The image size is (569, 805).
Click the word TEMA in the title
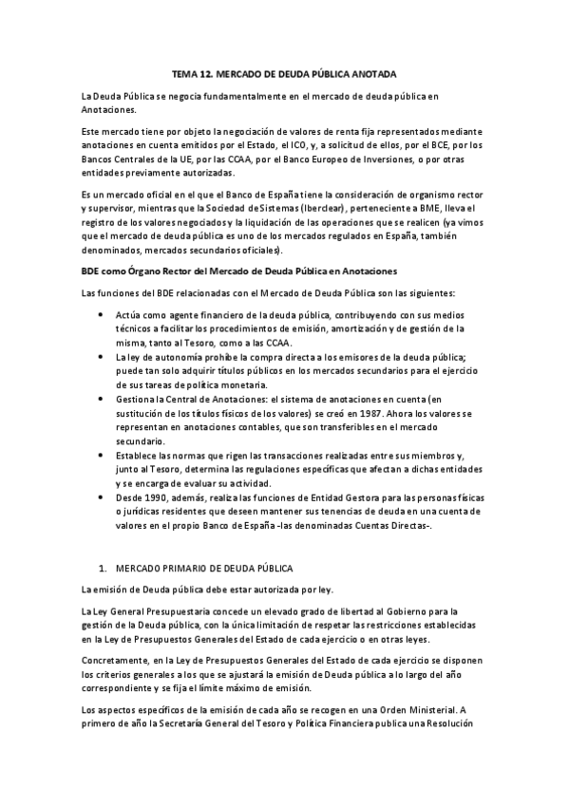pos(183,73)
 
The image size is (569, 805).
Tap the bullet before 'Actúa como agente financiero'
pos(103,312)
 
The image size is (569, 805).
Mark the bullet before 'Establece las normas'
pos(103,456)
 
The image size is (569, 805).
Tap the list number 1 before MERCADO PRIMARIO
pos(102,568)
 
